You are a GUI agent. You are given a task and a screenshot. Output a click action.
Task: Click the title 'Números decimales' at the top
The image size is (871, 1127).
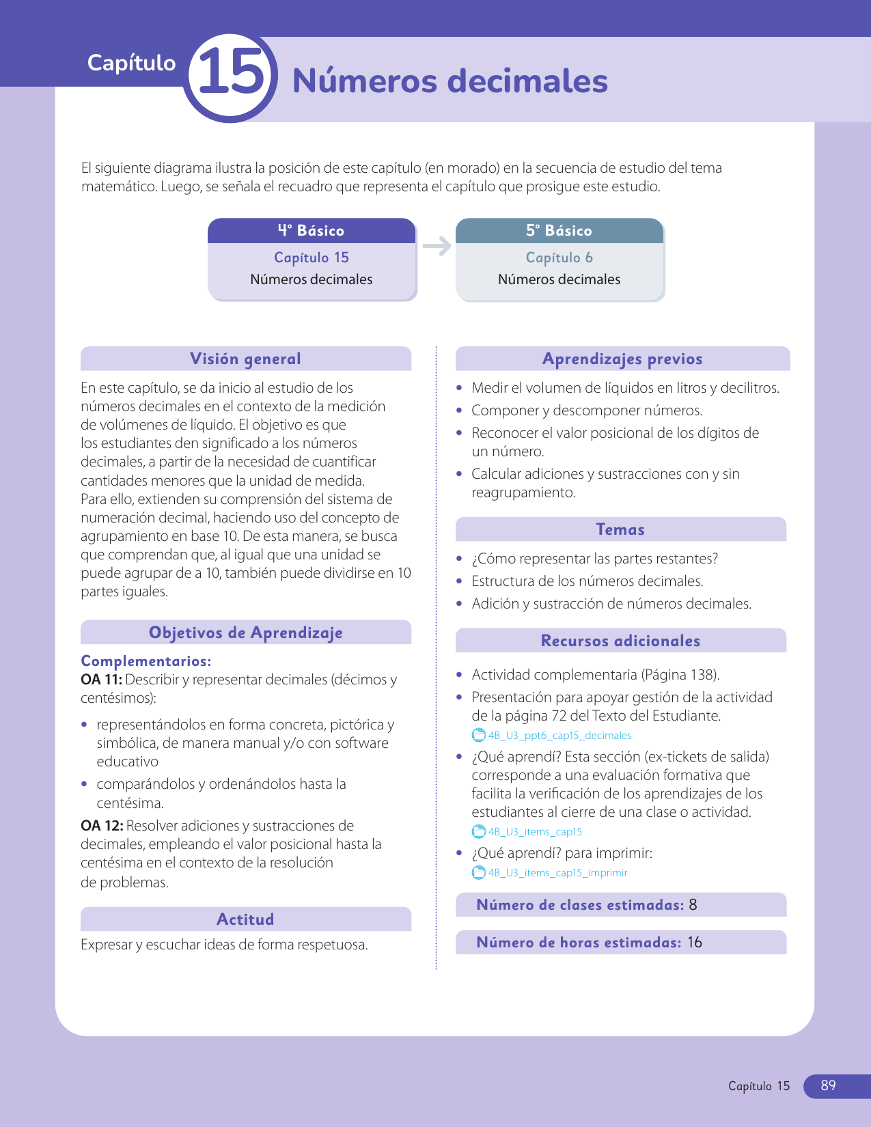pos(450,81)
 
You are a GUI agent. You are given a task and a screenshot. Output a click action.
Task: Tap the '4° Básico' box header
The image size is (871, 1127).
pos(311,231)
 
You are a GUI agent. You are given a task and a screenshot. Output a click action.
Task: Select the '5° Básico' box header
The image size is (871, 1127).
pos(559,231)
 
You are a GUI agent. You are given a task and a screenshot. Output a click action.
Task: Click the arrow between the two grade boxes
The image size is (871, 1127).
pos(437,246)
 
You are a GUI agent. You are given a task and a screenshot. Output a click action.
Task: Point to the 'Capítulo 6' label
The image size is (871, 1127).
pos(559,258)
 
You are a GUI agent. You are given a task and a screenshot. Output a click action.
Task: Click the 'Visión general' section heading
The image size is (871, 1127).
pos(245,359)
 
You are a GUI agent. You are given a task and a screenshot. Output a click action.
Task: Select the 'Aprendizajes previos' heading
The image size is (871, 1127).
pos(622,359)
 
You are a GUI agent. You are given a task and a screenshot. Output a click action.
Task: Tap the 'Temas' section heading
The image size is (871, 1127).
pos(620,529)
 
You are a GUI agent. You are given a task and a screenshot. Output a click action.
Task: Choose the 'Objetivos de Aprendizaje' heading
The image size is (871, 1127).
pos(245,632)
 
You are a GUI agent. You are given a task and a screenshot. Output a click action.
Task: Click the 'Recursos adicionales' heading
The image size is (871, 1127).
pos(620,641)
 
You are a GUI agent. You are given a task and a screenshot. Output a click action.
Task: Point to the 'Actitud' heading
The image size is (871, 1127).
pos(245,919)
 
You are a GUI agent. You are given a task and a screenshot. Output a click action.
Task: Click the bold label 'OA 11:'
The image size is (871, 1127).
pos(101,680)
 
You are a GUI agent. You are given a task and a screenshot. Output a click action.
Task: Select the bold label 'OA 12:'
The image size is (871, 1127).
pos(102,826)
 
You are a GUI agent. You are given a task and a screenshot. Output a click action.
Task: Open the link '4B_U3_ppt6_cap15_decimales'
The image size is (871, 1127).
pos(559,736)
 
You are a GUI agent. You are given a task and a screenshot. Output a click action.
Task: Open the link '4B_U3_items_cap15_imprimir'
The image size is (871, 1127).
pos(557,873)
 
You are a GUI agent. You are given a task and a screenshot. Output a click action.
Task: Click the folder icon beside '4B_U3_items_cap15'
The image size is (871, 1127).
pos(479,832)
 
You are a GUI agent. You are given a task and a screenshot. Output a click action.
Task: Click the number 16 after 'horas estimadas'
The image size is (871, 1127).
pos(694,943)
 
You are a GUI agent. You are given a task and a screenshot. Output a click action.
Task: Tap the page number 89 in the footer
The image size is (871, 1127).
pos(828,1085)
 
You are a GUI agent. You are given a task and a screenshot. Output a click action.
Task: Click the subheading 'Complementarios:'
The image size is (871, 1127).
pos(146,661)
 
